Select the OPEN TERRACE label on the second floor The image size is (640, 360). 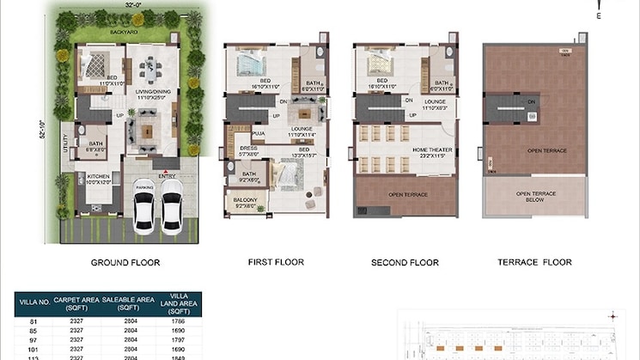pos(407,195)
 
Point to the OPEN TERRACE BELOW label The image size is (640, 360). pos(535,198)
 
